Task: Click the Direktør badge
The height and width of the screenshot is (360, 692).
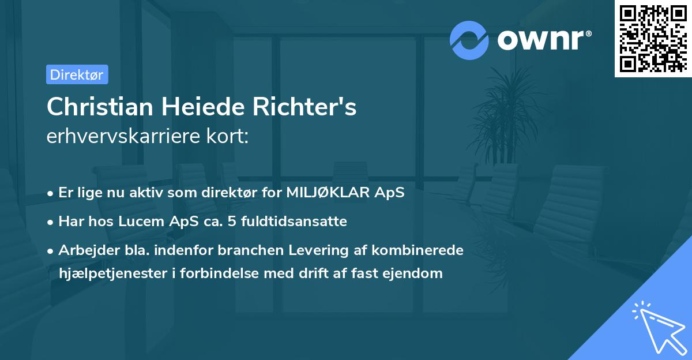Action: click(77, 74)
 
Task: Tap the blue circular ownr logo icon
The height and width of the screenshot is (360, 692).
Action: click(469, 40)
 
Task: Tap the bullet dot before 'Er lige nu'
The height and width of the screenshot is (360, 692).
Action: click(51, 193)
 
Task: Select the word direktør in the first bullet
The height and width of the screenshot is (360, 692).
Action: click(235, 193)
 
